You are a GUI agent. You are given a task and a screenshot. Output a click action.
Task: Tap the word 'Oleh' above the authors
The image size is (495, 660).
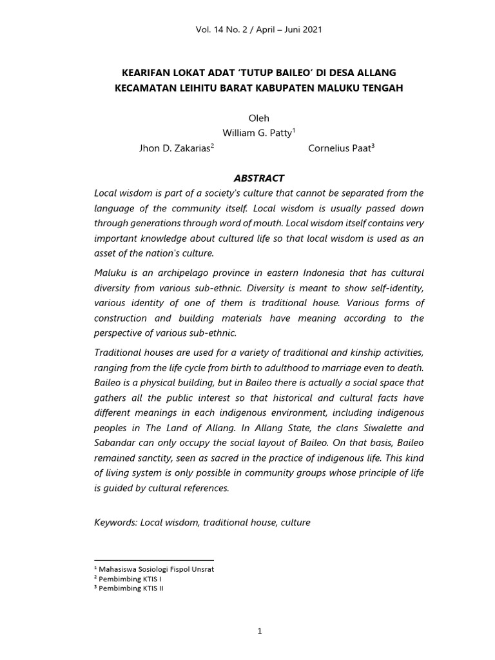[x=258, y=118]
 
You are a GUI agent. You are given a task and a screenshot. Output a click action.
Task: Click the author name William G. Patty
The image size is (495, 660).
[x=257, y=133]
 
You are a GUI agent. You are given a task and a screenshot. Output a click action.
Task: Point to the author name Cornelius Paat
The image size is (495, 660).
[x=340, y=148]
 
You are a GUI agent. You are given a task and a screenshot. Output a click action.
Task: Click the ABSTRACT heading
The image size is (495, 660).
[x=258, y=178]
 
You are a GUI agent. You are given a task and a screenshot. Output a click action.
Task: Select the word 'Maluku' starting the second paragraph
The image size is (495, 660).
[x=111, y=273]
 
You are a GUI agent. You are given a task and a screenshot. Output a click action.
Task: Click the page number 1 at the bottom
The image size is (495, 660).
[x=259, y=631]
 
